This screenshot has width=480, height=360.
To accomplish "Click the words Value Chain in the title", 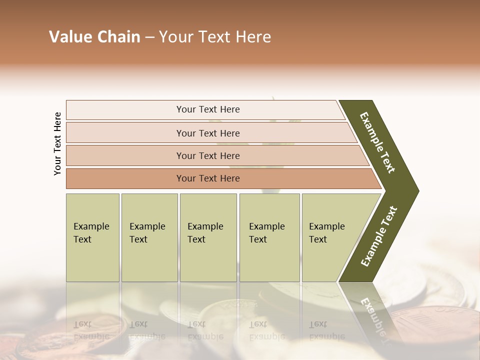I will coord(94,37).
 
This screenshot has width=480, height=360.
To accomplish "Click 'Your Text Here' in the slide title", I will coord(215,37).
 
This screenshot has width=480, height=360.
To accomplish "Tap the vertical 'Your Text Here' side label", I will coord(57,143).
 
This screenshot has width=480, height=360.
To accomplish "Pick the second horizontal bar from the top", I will coord(208,133).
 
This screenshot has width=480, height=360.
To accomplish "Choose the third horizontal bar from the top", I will coord(208,155).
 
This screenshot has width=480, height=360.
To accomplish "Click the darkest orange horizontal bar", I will coord(208,178).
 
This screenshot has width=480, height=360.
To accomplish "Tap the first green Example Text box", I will coord(92,237).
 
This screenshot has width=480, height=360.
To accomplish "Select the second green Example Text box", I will coord(149,237).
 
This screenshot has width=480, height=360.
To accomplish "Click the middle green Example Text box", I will coord(208,237).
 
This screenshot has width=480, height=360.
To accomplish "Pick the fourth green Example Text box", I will coord(269,237).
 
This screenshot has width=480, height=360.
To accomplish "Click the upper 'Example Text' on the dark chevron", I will coord(377,142).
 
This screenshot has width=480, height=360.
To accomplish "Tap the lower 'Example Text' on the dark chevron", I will coord(379,236).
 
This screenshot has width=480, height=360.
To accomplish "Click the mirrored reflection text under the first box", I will coord(91,330).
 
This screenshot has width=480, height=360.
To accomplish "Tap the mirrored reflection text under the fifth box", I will coord(327,330).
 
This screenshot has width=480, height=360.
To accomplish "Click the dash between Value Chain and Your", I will coord(149,37).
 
